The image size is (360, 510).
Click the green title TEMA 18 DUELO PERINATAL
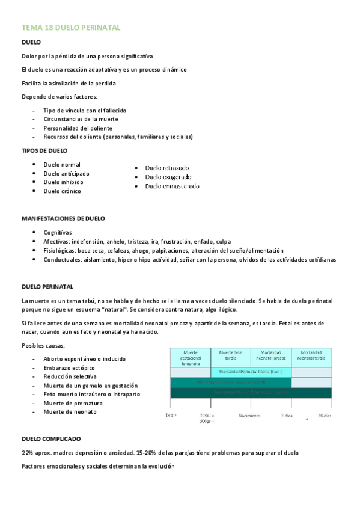(x=71, y=28)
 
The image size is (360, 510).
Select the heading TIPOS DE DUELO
(x=44, y=150)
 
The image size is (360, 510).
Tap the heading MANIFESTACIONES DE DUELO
(x=63, y=218)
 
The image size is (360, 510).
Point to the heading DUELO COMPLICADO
(x=50, y=439)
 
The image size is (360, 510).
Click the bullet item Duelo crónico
(x=62, y=191)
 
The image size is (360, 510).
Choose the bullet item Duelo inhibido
(x=63, y=182)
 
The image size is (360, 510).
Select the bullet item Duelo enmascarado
(x=172, y=186)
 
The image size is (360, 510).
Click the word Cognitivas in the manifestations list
(x=57, y=232)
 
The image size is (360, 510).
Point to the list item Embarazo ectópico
(x=69, y=367)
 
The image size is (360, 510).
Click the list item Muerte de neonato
(x=70, y=412)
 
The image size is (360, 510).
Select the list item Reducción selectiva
(x=70, y=376)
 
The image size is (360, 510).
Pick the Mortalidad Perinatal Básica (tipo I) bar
(x=251, y=372)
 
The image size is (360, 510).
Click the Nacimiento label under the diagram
(x=249, y=416)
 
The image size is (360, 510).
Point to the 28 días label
(x=324, y=416)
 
